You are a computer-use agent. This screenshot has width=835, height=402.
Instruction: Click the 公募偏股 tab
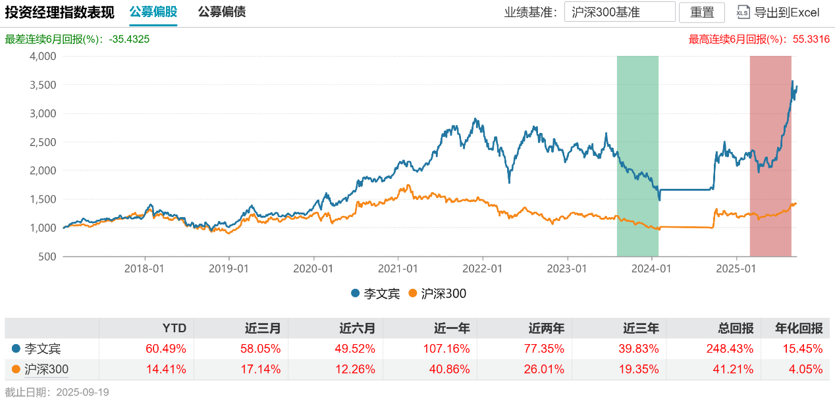click(x=153, y=13)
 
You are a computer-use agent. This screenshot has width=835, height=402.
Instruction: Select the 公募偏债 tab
click(x=221, y=13)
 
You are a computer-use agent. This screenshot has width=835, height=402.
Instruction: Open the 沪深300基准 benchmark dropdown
click(x=619, y=13)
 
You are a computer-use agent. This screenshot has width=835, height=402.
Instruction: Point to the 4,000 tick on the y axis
click(x=43, y=57)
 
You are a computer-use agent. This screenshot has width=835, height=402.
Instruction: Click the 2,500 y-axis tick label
click(x=43, y=142)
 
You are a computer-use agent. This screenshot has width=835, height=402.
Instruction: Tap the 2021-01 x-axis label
click(x=398, y=269)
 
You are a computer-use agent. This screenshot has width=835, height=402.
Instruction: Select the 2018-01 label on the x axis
click(x=144, y=269)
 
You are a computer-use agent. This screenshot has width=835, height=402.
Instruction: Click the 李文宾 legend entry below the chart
click(x=375, y=293)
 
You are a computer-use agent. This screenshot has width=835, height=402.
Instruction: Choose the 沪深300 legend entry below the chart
click(x=437, y=293)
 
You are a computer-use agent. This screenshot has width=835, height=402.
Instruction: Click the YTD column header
click(x=175, y=328)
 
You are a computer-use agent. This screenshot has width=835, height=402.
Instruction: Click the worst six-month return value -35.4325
click(x=129, y=39)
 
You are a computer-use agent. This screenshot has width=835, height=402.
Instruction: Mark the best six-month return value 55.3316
click(x=811, y=39)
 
